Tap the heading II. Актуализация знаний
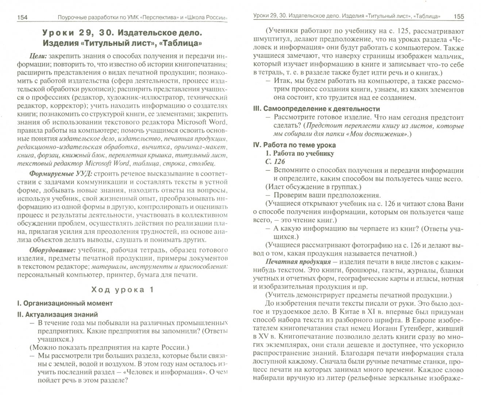(x=57, y=314)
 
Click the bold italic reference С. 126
(x=275, y=161)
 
